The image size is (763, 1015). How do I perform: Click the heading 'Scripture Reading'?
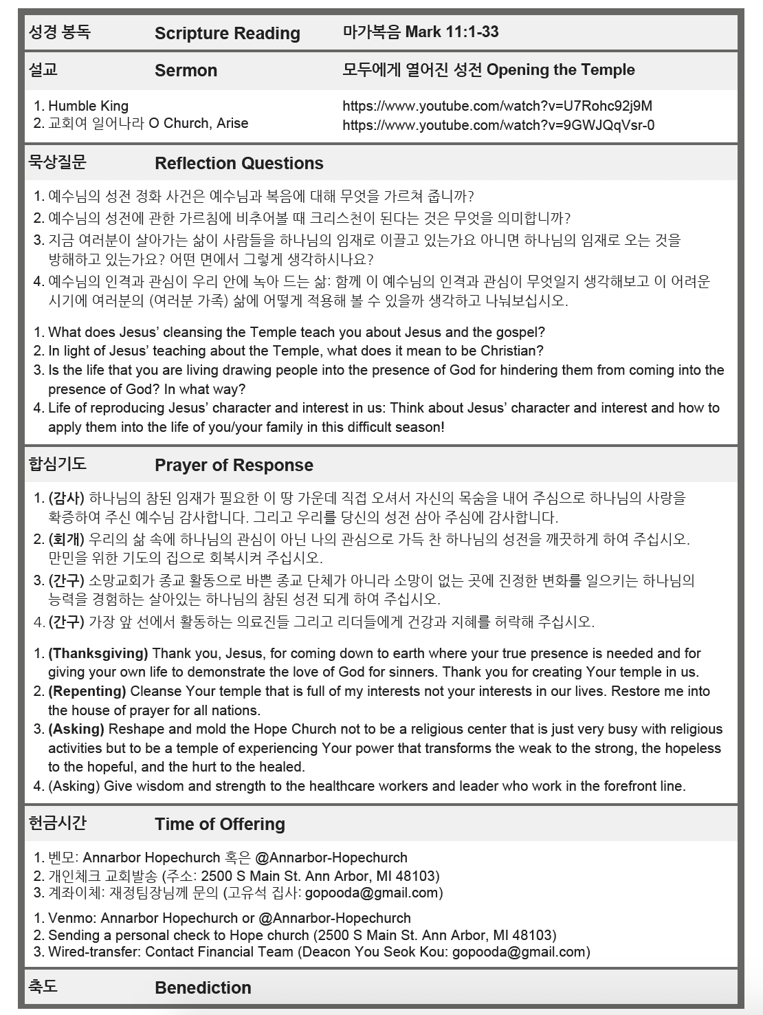coord(227,34)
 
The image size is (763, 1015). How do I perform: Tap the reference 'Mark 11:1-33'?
coord(452,32)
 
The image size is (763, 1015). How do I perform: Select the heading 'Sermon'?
coord(186,71)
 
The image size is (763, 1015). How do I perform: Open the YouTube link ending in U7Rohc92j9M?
coord(497,106)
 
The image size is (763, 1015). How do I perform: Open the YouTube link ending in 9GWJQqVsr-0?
coord(498,125)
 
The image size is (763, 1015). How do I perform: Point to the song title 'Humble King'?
coord(88,106)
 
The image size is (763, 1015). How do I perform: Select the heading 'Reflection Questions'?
coord(239,164)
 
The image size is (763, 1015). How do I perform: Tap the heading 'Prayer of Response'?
coord(234,466)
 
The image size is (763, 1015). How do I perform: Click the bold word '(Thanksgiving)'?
coord(98,653)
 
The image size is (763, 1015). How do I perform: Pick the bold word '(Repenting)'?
coord(87,691)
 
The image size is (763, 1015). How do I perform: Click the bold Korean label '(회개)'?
coord(67,539)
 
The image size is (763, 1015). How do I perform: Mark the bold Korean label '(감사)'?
coord(67,498)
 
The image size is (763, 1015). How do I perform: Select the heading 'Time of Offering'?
coord(219,825)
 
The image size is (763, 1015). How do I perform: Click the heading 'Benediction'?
coord(203,988)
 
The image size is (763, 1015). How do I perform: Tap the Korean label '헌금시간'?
coord(58,822)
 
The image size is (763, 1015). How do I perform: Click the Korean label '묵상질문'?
coord(58,162)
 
